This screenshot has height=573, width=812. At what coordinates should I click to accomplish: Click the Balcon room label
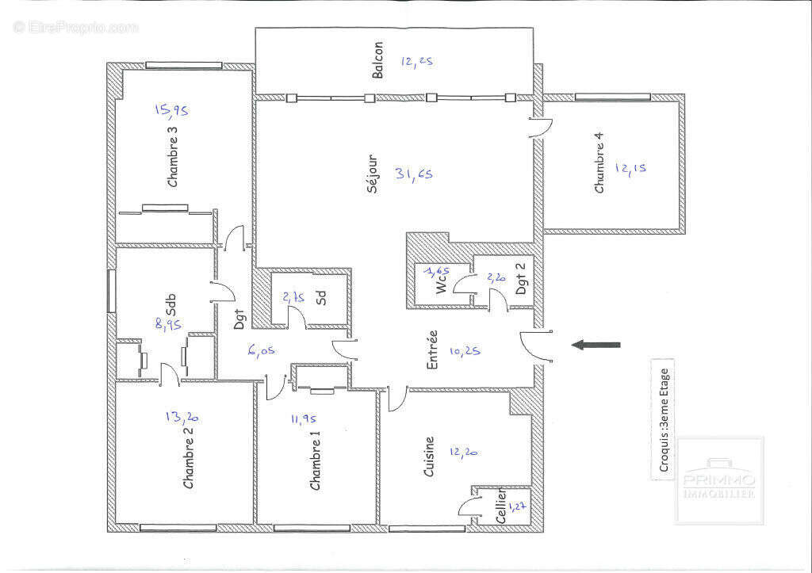[378, 60]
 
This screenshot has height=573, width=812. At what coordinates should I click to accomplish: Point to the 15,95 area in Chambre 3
[170, 110]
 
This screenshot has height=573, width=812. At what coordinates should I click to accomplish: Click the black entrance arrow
[596, 345]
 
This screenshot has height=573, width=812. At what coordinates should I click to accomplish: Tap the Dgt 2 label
[521, 279]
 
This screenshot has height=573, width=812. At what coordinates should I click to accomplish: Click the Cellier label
[500, 507]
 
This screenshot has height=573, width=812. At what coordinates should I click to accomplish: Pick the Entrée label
[433, 351]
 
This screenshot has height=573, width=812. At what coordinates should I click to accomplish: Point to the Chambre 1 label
[316, 460]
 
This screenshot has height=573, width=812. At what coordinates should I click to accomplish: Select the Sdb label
[170, 304]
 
